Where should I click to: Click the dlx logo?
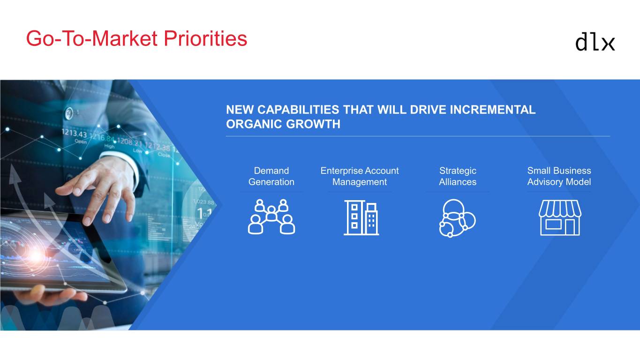point(595,43)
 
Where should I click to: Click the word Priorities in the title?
point(205,38)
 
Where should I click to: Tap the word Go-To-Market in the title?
point(92,38)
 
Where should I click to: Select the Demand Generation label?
point(271,176)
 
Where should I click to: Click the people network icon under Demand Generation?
point(271,217)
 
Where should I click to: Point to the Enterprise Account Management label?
point(360,176)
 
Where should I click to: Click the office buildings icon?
point(361,217)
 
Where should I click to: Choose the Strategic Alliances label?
point(458,176)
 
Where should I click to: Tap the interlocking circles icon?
point(457,218)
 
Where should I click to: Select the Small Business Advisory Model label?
point(559,176)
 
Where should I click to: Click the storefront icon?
point(560,217)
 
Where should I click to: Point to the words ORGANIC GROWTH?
point(283,124)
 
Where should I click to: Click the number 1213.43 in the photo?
point(74,133)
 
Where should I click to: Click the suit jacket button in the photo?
point(69,113)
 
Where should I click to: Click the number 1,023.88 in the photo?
point(203,202)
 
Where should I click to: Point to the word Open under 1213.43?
point(81,142)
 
